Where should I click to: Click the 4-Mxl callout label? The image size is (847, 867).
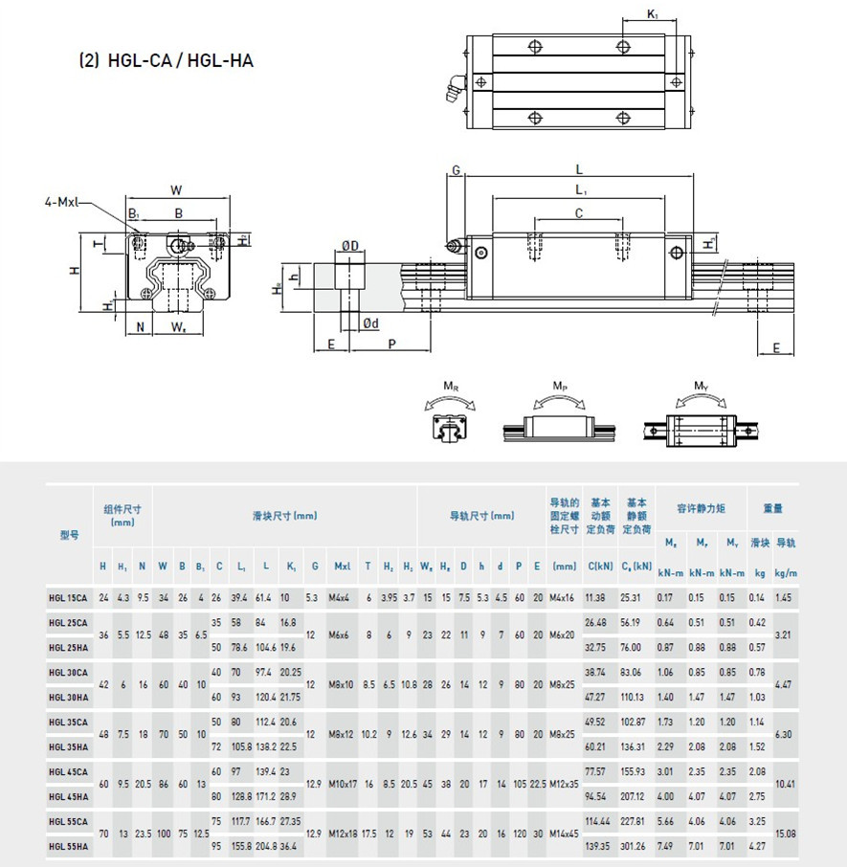(63, 202)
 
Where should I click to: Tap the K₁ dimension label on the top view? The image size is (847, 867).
(652, 14)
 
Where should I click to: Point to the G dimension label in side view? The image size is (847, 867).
(457, 170)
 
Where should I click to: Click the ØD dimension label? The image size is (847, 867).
(350, 246)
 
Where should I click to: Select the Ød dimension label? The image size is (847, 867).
(370, 324)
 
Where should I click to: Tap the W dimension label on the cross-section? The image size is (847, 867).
(176, 189)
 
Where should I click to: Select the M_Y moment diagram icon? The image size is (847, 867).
(700, 420)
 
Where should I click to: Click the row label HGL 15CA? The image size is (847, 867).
(68, 598)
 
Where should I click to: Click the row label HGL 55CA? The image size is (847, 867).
(68, 821)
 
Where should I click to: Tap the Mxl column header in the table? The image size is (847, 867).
(342, 567)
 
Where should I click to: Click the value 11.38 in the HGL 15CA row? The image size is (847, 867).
(594, 598)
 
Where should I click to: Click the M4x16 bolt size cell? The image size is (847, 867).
(565, 598)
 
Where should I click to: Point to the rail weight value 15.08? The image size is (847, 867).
(785, 834)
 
